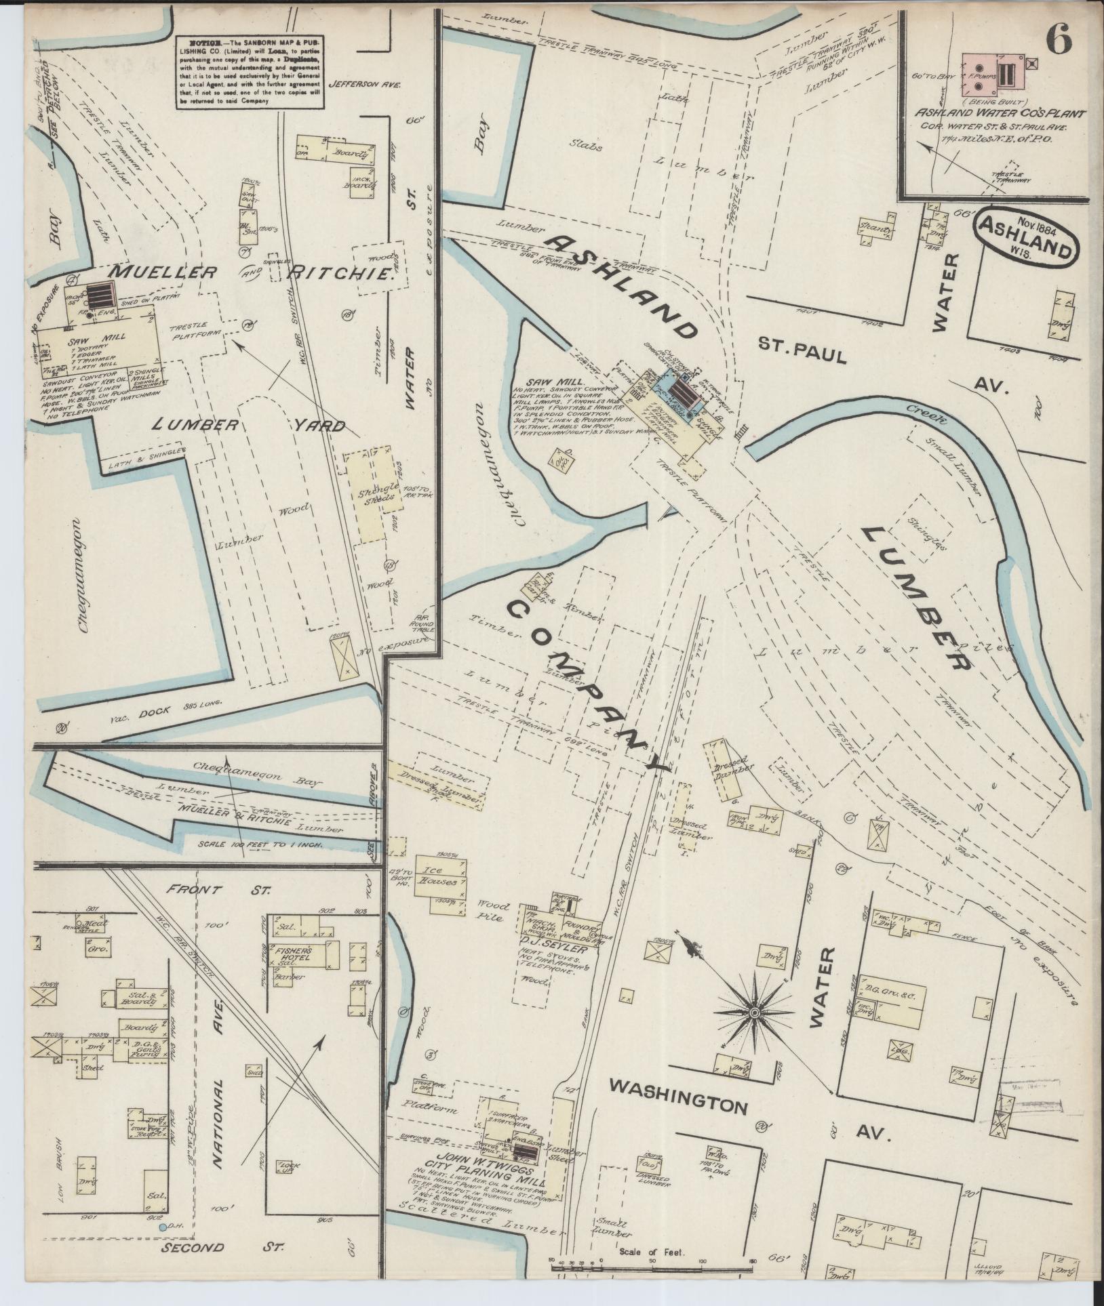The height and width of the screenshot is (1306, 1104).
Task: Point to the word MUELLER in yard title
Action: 163,273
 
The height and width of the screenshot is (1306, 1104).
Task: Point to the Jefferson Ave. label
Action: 365,85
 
